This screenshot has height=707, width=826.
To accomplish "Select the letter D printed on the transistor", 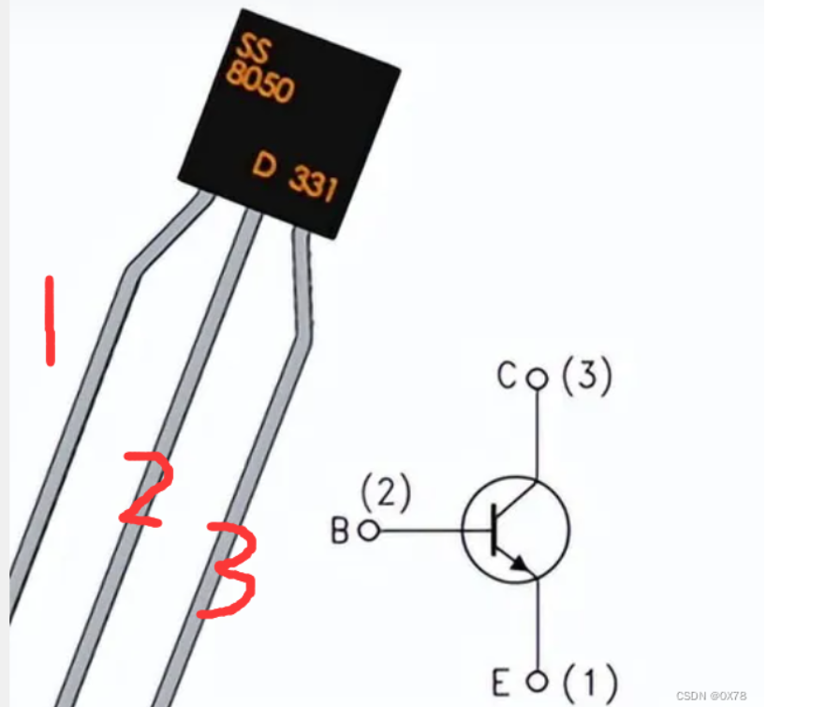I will click(265, 168).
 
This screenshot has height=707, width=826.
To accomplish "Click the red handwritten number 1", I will click(50, 319).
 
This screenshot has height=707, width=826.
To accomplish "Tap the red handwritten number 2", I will click(148, 488).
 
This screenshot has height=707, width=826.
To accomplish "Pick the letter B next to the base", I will click(340, 531).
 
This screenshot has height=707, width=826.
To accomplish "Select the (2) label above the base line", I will click(385, 493).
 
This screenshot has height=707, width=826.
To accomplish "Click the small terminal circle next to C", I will click(537, 378).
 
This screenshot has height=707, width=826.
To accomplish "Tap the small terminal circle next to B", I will click(368, 531).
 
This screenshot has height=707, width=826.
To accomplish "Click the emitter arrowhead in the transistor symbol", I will click(518, 563).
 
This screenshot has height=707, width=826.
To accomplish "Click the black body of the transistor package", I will click(290, 122).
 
